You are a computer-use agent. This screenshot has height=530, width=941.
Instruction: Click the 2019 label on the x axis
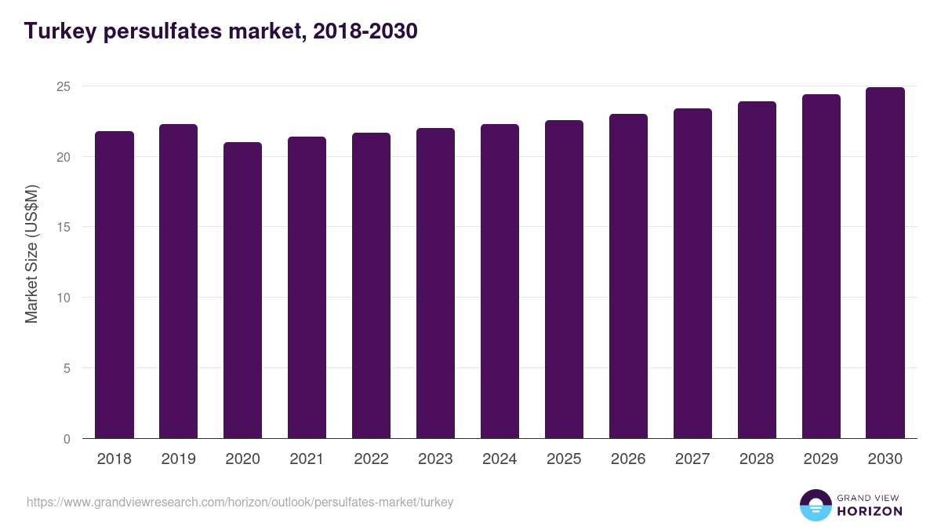[179, 459]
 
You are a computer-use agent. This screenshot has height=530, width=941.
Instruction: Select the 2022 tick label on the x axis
[372, 459]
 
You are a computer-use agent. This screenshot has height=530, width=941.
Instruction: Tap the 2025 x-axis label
[564, 459]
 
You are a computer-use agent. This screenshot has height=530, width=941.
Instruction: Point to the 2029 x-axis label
[821, 459]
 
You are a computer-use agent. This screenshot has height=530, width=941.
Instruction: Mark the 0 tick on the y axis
[67, 439]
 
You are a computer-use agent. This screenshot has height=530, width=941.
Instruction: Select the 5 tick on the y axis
[67, 368]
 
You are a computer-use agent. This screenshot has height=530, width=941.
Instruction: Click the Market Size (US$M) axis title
[31, 254]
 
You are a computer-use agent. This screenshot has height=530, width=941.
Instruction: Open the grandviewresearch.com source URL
[240, 502]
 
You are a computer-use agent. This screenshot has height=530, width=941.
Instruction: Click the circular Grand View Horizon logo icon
[815, 505]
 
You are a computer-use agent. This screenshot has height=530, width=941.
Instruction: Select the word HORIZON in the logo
[870, 511]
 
